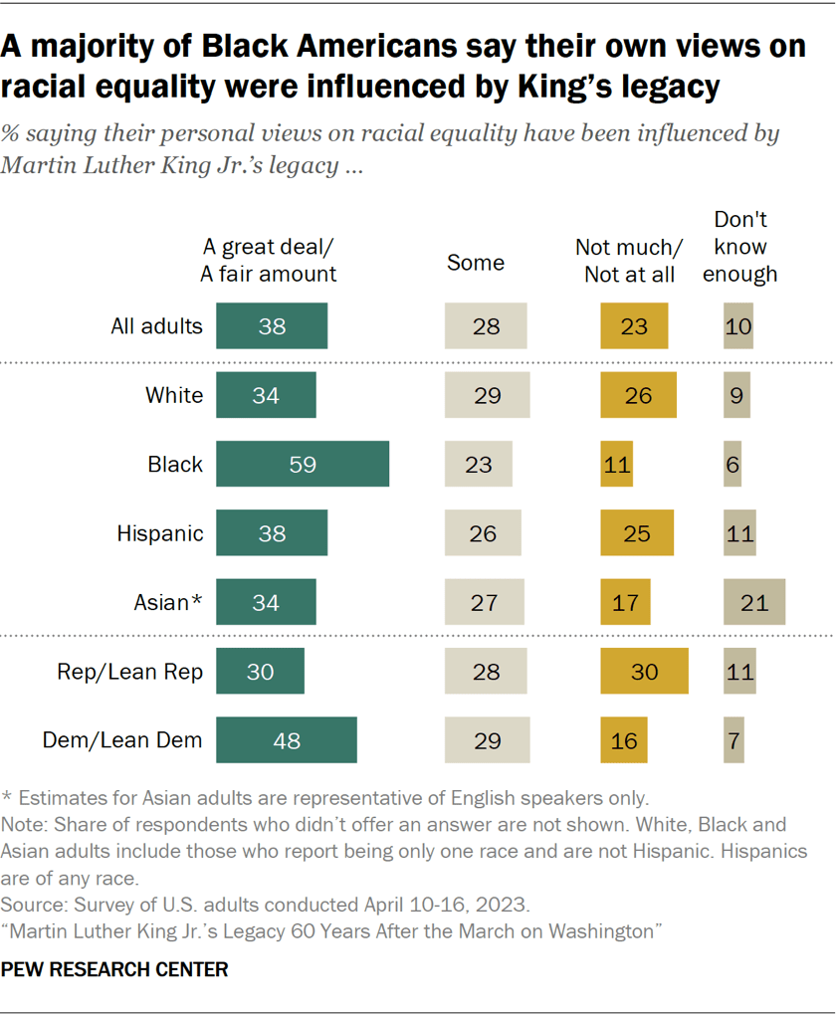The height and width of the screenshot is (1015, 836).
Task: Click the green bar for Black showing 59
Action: tap(302, 464)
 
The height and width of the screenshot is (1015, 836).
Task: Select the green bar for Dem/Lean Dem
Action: tap(286, 740)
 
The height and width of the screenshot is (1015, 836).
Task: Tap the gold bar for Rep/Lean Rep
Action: tap(644, 672)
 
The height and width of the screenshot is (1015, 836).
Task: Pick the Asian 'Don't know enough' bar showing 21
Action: tap(753, 602)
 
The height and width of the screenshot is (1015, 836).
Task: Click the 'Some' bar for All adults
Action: tap(485, 326)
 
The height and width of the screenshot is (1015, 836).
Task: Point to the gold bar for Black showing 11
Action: tap(616, 464)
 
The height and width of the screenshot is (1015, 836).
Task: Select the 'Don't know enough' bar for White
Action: tap(735, 395)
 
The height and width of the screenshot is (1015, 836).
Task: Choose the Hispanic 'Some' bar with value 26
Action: tap(482, 533)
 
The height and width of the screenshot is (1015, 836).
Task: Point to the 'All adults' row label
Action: tap(157, 326)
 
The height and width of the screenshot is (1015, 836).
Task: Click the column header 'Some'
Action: tap(476, 263)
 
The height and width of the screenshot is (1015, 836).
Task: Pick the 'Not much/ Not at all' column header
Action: tap(630, 261)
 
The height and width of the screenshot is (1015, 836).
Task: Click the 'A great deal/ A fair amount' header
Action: tap(269, 261)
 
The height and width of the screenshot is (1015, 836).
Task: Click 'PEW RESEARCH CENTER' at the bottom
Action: tap(114, 968)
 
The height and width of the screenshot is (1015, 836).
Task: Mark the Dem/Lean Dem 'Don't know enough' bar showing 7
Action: tap(733, 740)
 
